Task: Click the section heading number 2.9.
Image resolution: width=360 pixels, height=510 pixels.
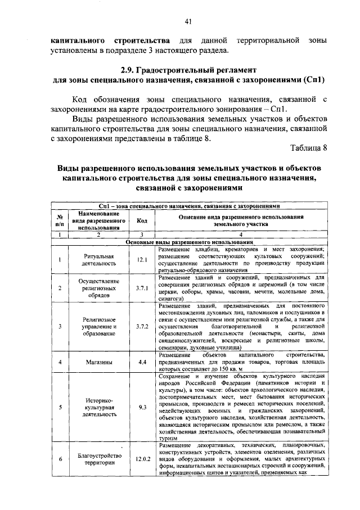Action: coord(130,71)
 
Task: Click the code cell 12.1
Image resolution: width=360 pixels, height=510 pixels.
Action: coord(142,259)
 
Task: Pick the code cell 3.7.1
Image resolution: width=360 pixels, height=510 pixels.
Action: coord(142,288)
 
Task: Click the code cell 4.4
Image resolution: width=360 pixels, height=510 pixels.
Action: coord(142,362)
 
